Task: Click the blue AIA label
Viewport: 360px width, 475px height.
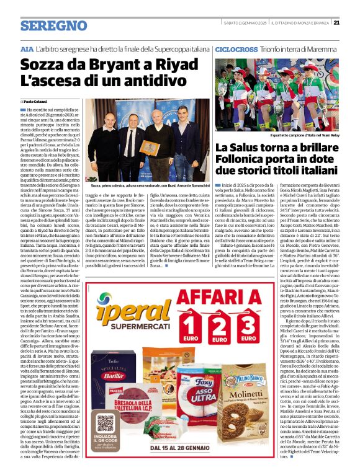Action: tap(27, 48)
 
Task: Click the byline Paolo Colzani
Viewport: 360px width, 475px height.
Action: tap(36, 101)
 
